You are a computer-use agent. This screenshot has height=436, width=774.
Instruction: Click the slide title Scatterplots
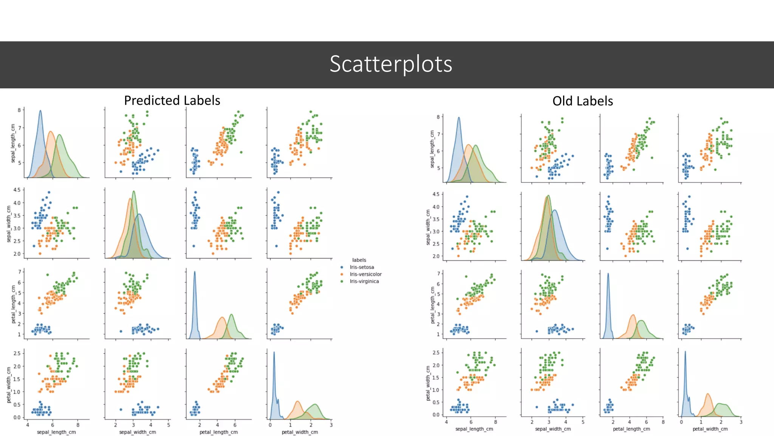391,64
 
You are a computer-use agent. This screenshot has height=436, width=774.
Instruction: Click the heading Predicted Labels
172,100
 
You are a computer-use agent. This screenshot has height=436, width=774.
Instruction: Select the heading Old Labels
582,101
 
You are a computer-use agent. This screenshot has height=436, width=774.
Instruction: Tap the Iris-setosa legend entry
361,267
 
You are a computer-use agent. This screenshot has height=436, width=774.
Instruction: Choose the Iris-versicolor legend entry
365,274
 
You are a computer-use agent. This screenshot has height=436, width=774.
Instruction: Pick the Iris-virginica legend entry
364,282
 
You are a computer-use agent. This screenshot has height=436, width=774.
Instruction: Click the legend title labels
359,260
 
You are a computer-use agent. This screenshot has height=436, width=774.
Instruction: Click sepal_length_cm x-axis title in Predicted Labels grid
56,432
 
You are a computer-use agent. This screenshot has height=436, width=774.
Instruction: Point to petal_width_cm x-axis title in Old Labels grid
710,429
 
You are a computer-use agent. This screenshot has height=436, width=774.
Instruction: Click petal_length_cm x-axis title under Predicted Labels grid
218,432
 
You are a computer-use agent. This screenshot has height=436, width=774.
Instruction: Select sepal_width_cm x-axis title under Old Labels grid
553,429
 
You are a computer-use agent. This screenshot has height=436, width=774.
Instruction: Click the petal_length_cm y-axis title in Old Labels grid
433,305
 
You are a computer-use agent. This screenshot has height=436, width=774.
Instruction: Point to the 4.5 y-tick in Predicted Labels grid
17,190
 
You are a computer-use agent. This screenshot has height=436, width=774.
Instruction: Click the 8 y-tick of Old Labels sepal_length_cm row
438,117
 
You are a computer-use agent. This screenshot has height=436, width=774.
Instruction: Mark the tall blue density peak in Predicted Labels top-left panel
40,111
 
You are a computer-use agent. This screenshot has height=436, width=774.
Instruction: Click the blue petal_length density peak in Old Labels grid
608,274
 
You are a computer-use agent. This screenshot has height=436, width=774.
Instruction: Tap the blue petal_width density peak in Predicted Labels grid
274,353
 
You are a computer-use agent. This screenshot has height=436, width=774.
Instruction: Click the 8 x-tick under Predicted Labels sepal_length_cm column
78,425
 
